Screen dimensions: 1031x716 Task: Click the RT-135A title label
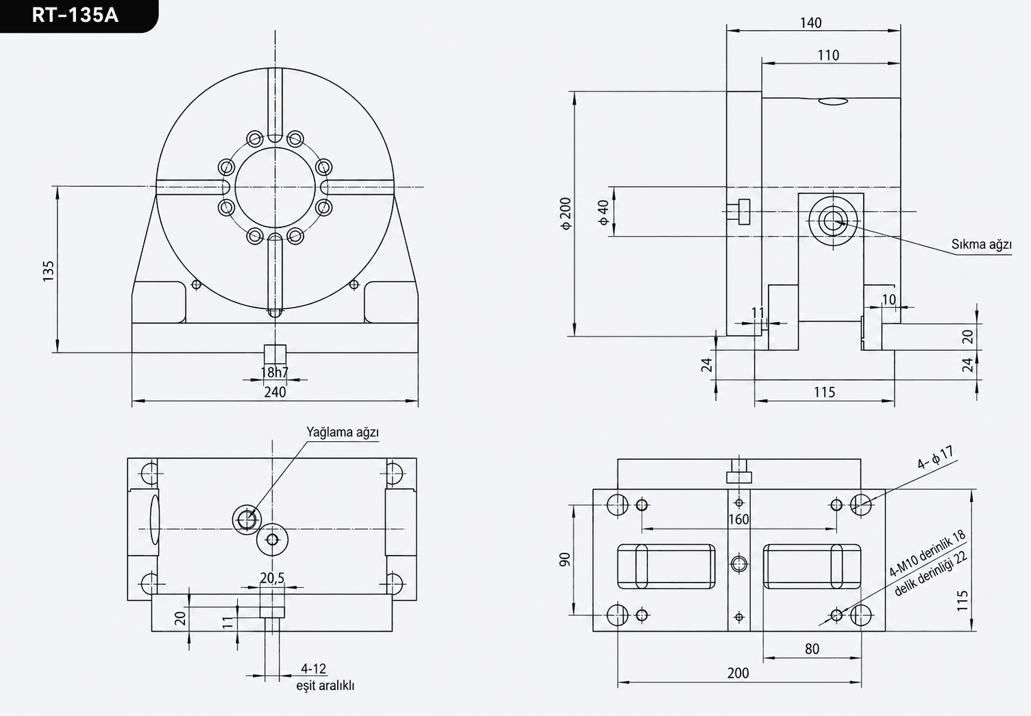(x=75, y=16)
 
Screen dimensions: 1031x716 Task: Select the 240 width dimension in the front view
(x=275, y=393)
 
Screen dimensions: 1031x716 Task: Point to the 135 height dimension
(x=49, y=271)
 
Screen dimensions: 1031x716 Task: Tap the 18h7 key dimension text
(x=274, y=372)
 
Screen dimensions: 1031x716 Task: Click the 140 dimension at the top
(x=810, y=23)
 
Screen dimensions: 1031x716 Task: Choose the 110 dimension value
(x=828, y=55)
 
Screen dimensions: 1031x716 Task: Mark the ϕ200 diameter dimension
(x=566, y=213)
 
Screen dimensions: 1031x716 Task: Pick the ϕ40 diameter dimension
(x=604, y=212)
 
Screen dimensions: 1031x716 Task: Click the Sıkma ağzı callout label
(x=981, y=245)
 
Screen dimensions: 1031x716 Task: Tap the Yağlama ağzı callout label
(x=343, y=432)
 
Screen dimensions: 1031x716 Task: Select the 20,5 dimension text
(x=272, y=578)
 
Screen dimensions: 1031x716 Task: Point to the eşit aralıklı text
(x=325, y=685)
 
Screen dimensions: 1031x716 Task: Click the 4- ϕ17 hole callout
(x=936, y=458)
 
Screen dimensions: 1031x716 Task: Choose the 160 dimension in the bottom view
(x=738, y=519)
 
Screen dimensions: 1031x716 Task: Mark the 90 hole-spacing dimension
(x=564, y=560)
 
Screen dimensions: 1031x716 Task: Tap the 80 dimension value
(x=812, y=649)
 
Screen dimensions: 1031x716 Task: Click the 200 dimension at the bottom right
(x=738, y=674)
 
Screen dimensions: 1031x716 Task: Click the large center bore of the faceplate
(x=275, y=187)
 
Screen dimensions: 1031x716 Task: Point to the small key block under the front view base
(x=275, y=354)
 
